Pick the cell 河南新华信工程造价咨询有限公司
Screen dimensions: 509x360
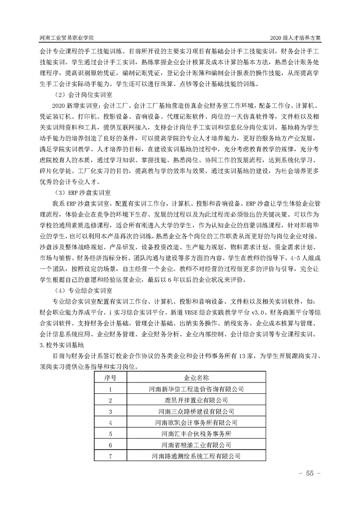(x=196, y=389)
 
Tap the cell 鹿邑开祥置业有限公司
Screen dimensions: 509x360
(x=196, y=401)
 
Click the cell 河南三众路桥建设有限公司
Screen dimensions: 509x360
(x=196, y=412)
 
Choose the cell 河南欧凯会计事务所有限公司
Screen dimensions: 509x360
(x=196, y=423)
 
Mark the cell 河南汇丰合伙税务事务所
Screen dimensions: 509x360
(x=196, y=434)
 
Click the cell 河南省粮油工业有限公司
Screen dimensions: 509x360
(x=196, y=445)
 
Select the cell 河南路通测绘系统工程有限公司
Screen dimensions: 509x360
(x=196, y=456)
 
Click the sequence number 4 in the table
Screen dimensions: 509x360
(x=110, y=423)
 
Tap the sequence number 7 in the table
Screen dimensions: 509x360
(x=110, y=456)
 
